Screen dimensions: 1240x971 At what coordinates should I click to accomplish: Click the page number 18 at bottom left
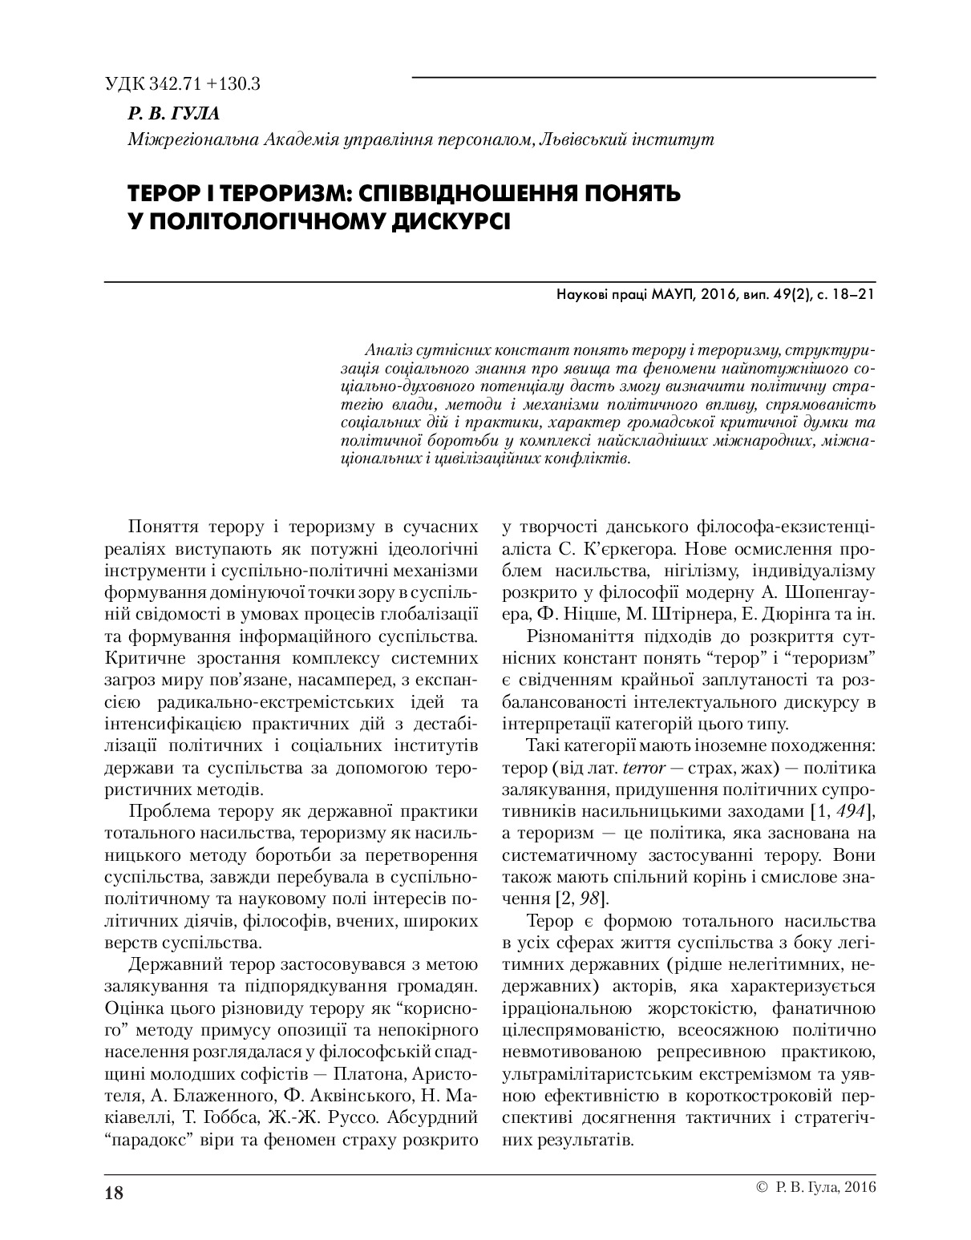tap(114, 1192)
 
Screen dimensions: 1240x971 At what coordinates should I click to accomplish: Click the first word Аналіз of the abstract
tap(388, 350)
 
